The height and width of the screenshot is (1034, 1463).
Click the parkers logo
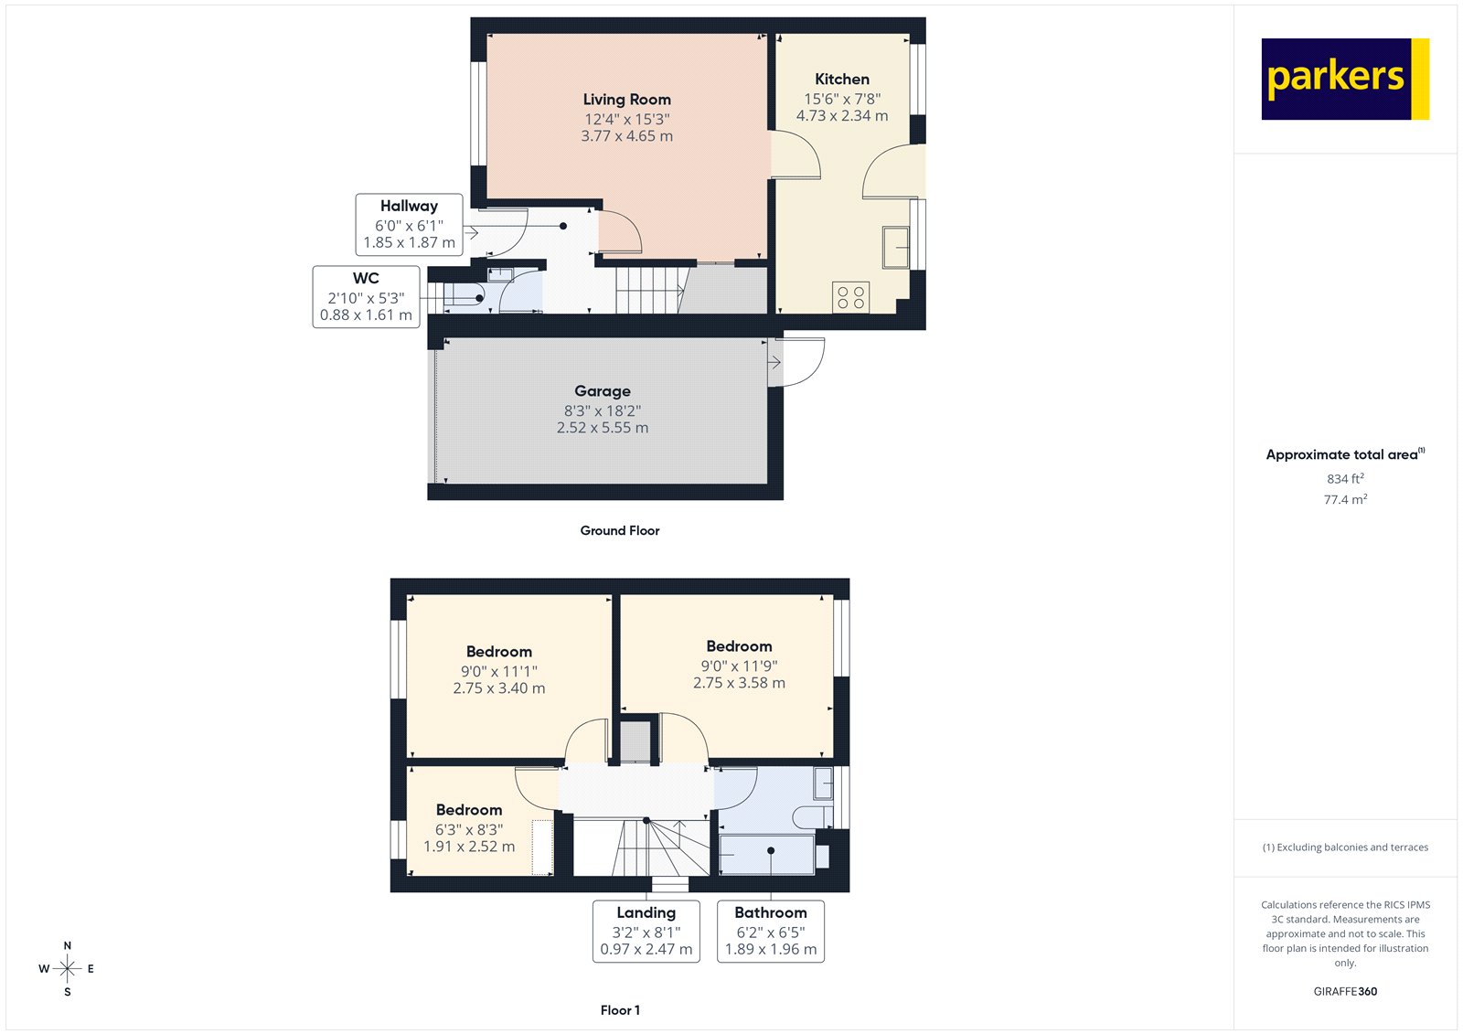click(x=1344, y=79)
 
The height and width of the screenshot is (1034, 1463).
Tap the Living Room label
click(x=626, y=100)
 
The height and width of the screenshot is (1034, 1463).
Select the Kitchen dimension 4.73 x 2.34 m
click(x=841, y=116)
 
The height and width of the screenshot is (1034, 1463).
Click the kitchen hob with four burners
click(x=850, y=297)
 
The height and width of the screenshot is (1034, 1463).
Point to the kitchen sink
click(x=895, y=247)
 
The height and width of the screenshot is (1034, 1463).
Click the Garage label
click(x=602, y=391)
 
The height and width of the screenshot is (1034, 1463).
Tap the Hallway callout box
click(x=409, y=225)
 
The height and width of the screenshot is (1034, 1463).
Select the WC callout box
click(x=366, y=297)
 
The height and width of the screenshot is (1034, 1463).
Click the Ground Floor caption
click(x=619, y=530)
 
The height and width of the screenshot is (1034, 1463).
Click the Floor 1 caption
click(x=620, y=1010)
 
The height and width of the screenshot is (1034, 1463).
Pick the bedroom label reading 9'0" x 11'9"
click(x=739, y=666)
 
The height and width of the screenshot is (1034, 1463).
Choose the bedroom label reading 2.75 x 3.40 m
click(x=498, y=688)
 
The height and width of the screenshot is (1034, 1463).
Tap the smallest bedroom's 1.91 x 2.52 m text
click(x=468, y=847)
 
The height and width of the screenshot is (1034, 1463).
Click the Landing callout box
click(x=646, y=931)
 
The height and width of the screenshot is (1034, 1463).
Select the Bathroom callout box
click(x=770, y=931)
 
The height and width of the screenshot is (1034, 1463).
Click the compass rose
click(x=67, y=968)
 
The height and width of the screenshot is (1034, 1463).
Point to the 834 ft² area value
click(x=1345, y=479)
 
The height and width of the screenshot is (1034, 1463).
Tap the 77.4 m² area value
click(x=1345, y=500)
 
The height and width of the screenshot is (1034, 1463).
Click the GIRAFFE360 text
click(x=1345, y=991)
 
